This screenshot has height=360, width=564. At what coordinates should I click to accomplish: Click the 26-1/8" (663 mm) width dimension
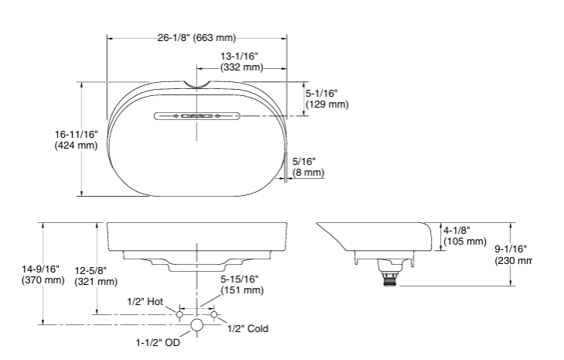pyautogui.click(x=197, y=37)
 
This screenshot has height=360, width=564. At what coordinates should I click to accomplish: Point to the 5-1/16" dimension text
pyautogui.click(x=322, y=92)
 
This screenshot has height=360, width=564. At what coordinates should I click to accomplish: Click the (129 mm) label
pyautogui.click(x=327, y=104)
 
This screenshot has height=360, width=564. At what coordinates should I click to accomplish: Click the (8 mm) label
pyautogui.click(x=308, y=173)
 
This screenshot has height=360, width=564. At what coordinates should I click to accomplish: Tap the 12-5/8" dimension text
pyautogui.click(x=91, y=269)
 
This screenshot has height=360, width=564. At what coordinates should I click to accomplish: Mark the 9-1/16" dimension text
pyautogui.click(x=511, y=249)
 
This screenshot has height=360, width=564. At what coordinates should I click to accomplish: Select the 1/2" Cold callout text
pyautogui.click(x=248, y=329)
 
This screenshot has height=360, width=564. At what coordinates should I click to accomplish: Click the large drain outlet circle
pyautogui.click(x=197, y=324)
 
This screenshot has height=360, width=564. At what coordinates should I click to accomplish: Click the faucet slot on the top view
pyautogui.click(x=197, y=116)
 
